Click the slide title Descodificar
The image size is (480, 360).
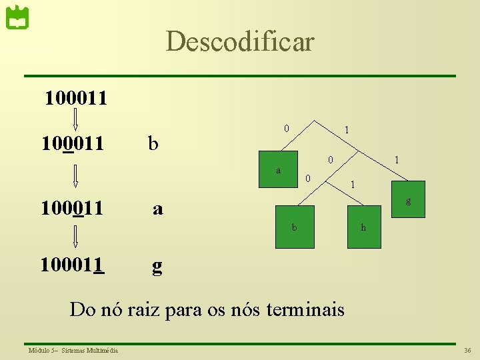pyautogui.click(x=239, y=41)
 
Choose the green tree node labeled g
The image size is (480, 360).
pyautogui.click(x=408, y=199)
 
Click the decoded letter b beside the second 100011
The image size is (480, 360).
pyautogui.click(x=153, y=143)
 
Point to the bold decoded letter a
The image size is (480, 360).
pyautogui.click(x=157, y=209)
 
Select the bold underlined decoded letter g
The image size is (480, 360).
pyautogui.click(x=157, y=265)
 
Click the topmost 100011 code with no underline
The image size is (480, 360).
pyautogui.click(x=75, y=99)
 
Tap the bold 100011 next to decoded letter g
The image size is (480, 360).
pyautogui.click(x=73, y=265)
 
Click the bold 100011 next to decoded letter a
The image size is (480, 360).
pyautogui.click(x=72, y=209)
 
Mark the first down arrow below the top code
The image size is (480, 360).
pyautogui.click(x=75, y=119)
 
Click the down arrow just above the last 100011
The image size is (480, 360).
pyautogui.click(x=75, y=237)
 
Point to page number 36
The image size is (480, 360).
pyautogui.click(x=467, y=350)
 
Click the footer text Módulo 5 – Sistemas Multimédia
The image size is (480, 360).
pyautogui.click(x=73, y=350)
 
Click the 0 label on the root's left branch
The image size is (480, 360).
pyautogui.click(x=286, y=127)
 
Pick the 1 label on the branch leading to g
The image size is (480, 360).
pyautogui.click(x=397, y=160)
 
